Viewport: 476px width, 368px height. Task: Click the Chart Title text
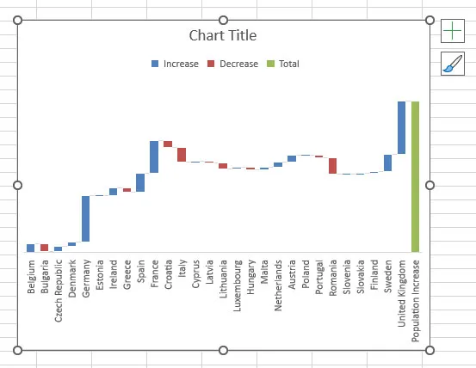(x=223, y=35)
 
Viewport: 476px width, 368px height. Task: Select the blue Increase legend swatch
(x=155, y=64)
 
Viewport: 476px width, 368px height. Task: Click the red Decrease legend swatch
(x=211, y=64)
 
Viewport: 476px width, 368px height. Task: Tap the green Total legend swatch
(x=270, y=64)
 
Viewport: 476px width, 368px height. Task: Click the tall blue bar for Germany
(x=85, y=218)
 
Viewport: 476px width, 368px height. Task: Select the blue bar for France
(x=154, y=156)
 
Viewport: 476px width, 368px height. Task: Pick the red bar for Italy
(x=182, y=155)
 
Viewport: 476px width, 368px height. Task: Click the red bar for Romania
(x=333, y=166)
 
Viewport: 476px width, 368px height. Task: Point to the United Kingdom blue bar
(x=402, y=127)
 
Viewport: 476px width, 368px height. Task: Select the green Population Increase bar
(x=415, y=177)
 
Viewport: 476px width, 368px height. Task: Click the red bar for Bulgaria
(x=44, y=248)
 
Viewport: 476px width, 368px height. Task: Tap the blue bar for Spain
(x=140, y=182)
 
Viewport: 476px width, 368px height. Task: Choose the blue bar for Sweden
(x=387, y=163)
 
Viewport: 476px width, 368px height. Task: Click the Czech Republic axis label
(x=59, y=291)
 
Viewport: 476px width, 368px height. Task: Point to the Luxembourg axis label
(x=237, y=285)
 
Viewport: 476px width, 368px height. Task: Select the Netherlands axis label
(x=278, y=285)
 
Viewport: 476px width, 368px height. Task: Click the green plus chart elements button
(x=453, y=31)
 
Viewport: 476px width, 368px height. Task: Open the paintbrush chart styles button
(x=453, y=64)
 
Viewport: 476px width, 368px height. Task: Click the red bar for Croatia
(x=168, y=144)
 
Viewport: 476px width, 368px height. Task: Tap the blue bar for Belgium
(x=31, y=248)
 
